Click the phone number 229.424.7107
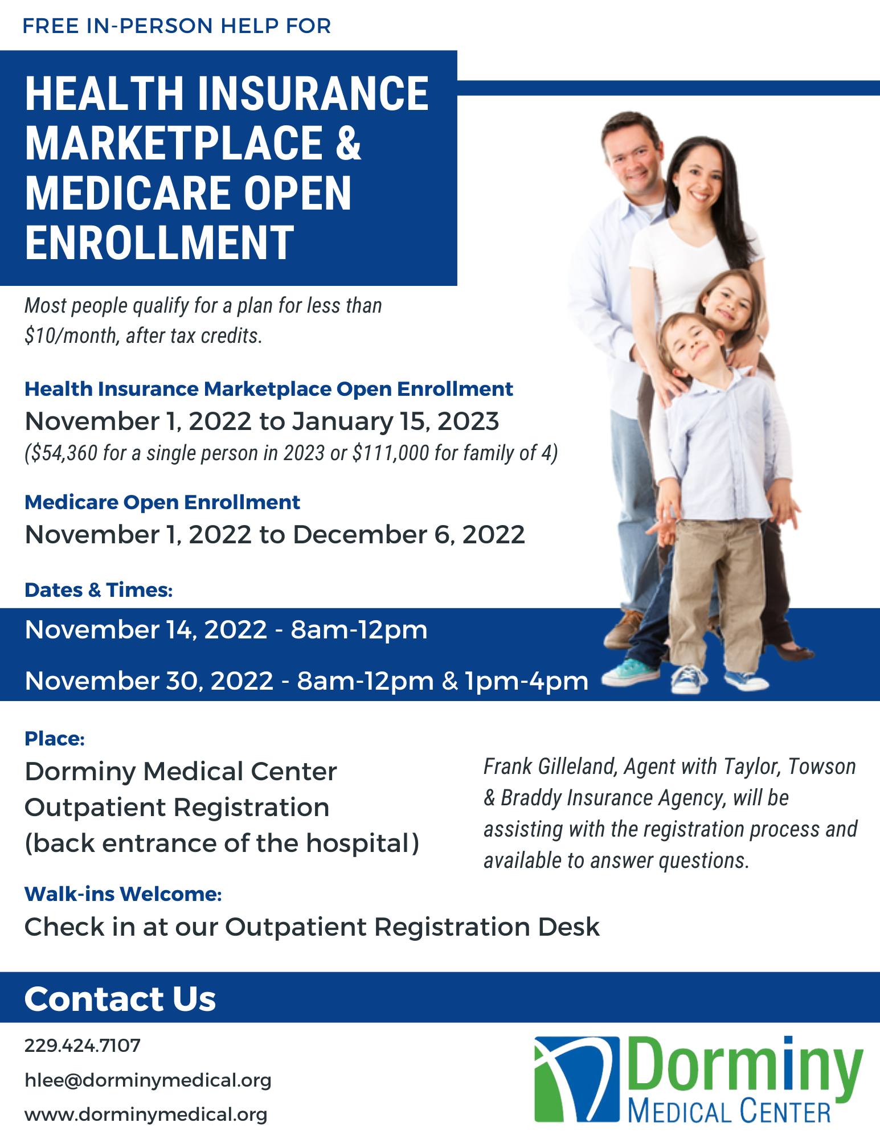point(83,1046)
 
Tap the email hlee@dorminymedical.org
point(148,1080)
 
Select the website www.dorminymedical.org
point(146,1115)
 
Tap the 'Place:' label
point(55,739)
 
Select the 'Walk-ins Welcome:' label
point(123,895)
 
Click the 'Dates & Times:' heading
point(99,590)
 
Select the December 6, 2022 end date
point(408,535)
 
